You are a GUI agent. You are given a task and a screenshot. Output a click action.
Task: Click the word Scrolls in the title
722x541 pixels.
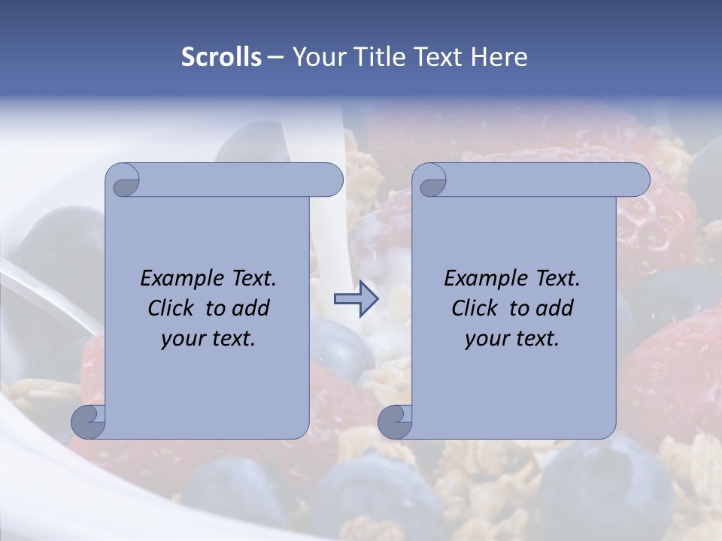(x=222, y=57)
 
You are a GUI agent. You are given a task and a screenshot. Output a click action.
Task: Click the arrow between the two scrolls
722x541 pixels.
(x=356, y=300)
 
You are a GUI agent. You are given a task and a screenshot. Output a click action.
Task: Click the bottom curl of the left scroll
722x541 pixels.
(x=88, y=422)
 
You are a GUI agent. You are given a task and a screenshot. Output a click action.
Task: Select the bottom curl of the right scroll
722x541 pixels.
(x=395, y=422)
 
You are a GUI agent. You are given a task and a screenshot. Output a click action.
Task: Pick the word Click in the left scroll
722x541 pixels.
(x=171, y=308)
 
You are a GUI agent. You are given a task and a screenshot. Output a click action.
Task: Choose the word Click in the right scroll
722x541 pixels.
(x=475, y=308)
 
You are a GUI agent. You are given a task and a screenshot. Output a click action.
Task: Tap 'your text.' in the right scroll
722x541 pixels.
(x=512, y=339)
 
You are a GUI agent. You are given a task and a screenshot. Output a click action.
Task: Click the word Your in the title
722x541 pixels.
(x=315, y=57)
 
